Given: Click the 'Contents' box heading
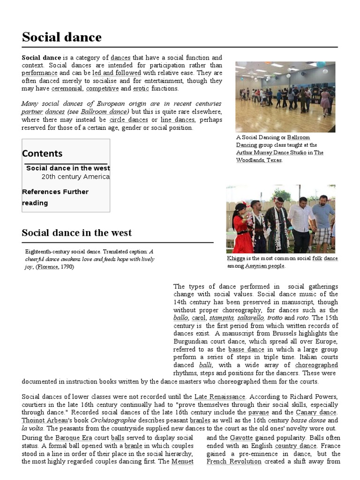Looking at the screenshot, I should point(42,153).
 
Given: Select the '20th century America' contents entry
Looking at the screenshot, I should point(75,177).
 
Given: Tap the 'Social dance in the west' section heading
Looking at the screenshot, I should point(77,232).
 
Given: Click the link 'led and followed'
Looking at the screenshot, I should point(117,73).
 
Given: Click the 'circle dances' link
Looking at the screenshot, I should point(128,120).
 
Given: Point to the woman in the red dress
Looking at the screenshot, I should point(243,230).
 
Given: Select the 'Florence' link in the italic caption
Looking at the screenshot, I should point(47,267).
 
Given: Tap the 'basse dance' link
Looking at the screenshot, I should point(246,350).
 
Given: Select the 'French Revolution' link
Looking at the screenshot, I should point(234,462).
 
